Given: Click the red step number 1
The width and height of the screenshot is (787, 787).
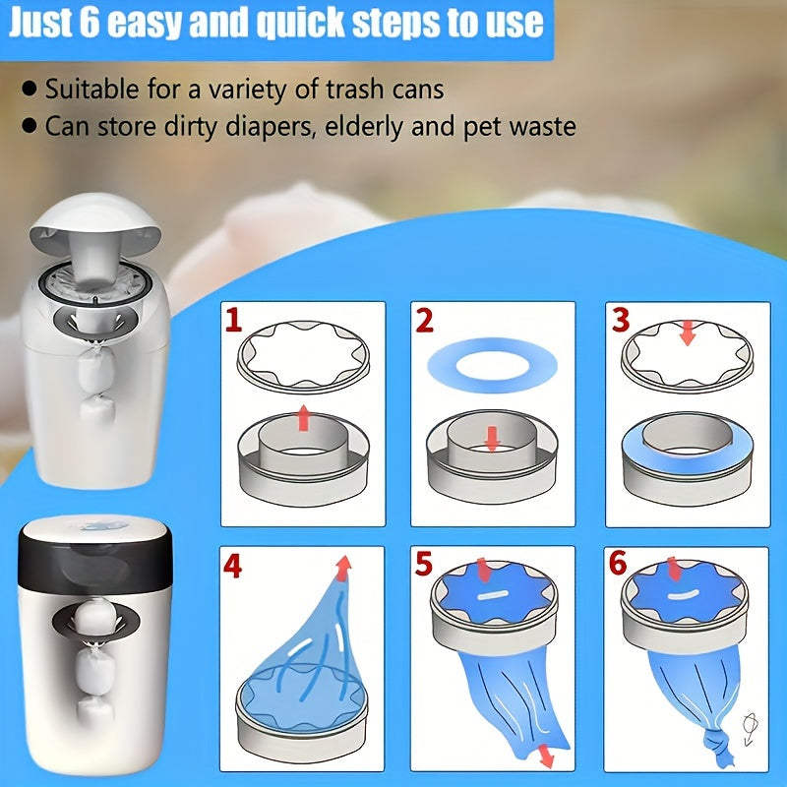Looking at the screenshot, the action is [x=233, y=321].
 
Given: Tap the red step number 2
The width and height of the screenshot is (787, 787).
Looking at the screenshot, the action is [x=425, y=321].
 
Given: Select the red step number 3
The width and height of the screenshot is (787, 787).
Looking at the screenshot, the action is [x=621, y=320].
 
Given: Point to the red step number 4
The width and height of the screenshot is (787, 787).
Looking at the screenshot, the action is [x=232, y=566].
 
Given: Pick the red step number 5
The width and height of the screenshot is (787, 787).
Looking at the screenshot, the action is [x=424, y=563].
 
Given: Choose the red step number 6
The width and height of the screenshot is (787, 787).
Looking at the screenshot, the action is [x=618, y=563].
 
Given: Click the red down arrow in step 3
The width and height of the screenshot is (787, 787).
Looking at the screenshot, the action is [x=687, y=333].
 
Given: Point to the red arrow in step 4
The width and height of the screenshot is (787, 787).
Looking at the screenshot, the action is [x=342, y=569].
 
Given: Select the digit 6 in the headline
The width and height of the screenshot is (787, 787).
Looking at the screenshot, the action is [x=90, y=23].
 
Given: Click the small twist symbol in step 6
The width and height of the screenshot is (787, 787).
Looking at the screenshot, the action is [x=751, y=728].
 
